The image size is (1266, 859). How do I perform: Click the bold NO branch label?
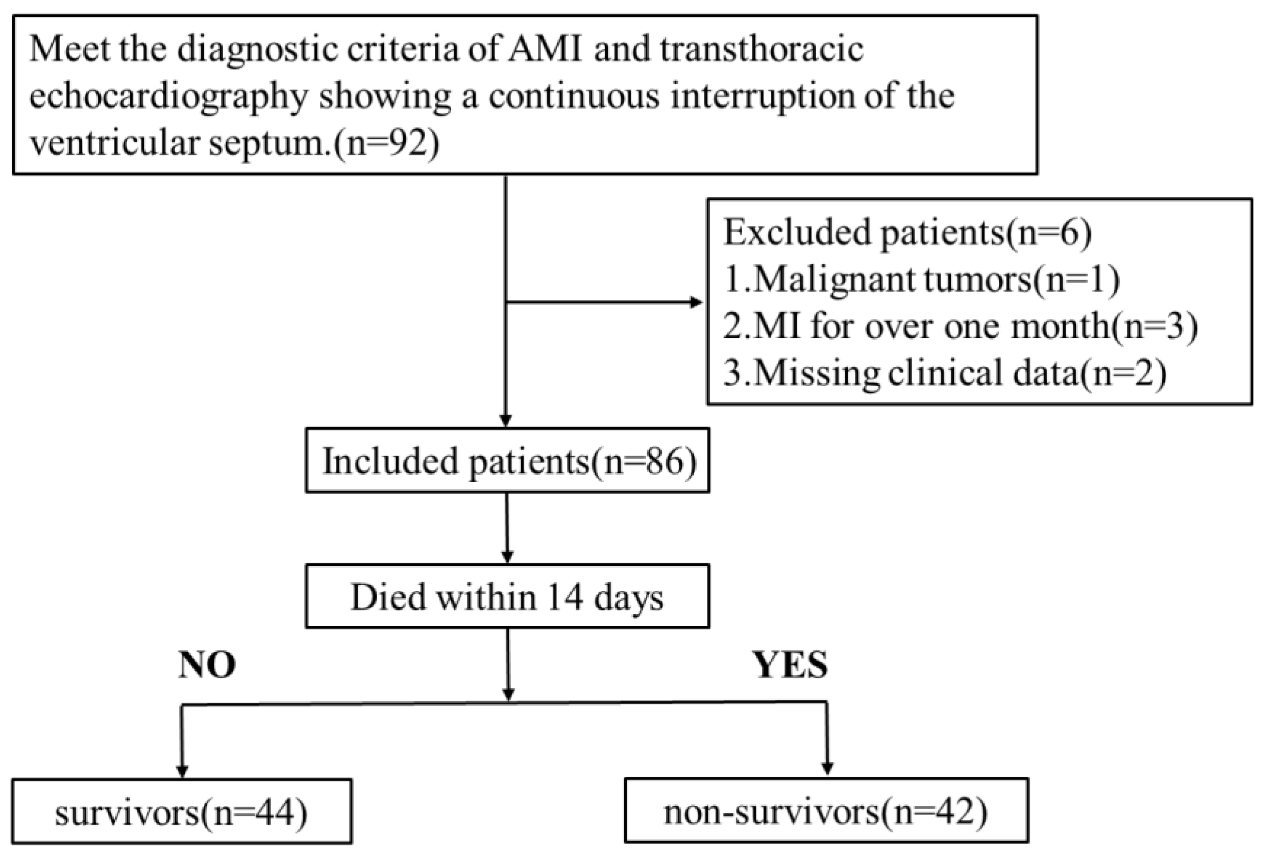pyautogui.click(x=207, y=665)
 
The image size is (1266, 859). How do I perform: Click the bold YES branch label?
pyautogui.click(x=791, y=665)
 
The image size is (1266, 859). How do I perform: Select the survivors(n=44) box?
pyautogui.click(x=182, y=811)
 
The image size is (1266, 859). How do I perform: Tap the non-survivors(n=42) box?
pyautogui.click(x=826, y=811)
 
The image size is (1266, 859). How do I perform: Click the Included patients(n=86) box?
pyautogui.click(x=507, y=460)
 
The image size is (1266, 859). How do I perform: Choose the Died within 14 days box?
pyautogui.click(x=507, y=596)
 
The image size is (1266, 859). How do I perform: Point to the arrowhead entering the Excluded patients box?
pyautogui.click(x=697, y=302)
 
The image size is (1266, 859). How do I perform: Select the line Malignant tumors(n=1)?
pyautogui.click(x=921, y=279)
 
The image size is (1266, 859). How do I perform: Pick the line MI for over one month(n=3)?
pyautogui.click(x=961, y=326)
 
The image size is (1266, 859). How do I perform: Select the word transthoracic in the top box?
pyautogui.click(x=762, y=48)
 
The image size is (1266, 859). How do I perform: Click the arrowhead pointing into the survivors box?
pyautogui.click(x=182, y=772)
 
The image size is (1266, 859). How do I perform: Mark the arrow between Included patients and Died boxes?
pyautogui.click(x=507, y=528)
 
